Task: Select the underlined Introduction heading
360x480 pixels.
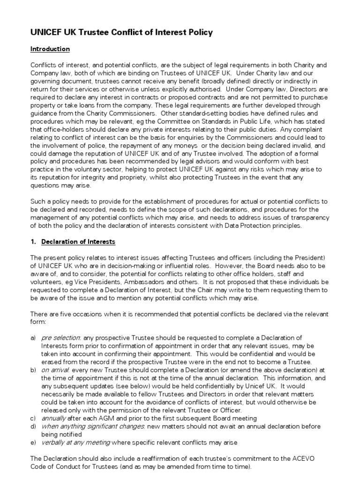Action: click(50, 49)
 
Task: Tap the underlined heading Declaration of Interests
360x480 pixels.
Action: click(78, 242)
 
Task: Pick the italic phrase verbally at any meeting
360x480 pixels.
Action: click(76, 442)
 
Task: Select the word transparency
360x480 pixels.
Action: click(309, 218)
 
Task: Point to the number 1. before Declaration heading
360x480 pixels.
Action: click(33, 242)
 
